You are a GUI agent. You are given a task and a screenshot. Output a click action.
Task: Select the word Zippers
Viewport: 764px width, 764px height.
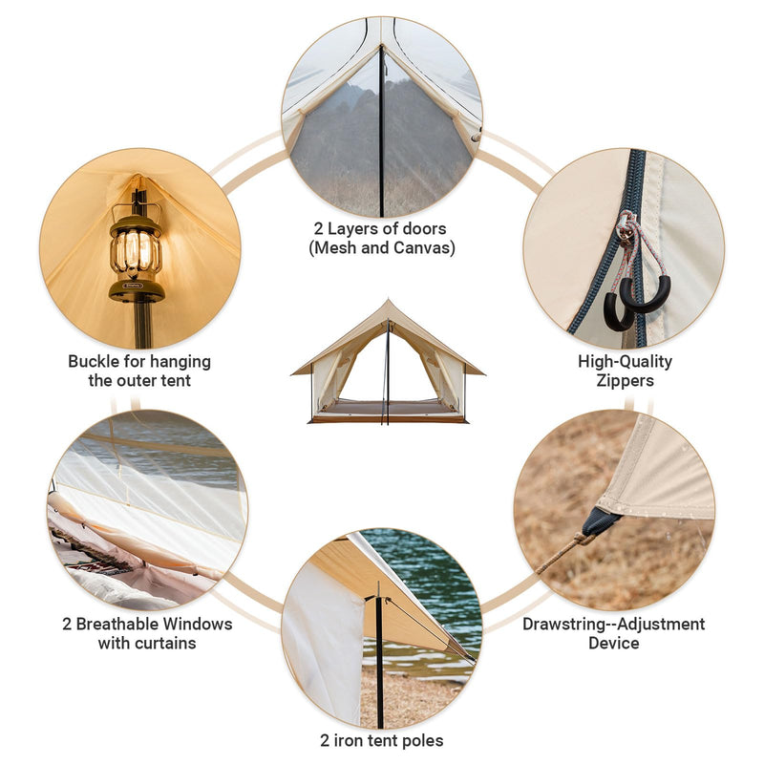[625, 380]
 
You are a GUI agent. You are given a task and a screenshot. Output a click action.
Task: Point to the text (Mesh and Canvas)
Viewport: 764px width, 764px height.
[382, 248]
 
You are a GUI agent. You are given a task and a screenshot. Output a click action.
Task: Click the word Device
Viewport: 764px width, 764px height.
[613, 643]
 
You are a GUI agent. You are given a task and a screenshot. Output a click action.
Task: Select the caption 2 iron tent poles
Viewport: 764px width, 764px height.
[382, 739]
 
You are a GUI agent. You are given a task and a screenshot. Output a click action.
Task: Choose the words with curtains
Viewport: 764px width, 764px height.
[147, 643]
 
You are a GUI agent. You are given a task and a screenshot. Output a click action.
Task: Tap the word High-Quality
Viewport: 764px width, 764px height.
[625, 361]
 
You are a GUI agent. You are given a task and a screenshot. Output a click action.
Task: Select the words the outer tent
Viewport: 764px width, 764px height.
[139, 380]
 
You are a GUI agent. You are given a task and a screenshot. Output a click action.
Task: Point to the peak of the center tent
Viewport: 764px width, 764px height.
[387, 303]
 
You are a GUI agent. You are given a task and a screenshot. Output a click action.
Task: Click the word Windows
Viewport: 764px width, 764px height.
[201, 624]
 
